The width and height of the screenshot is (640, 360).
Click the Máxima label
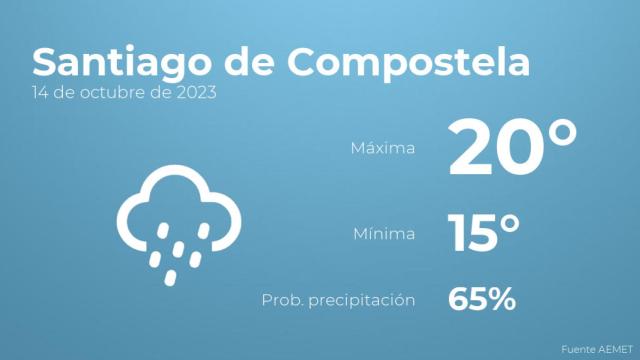coord(383,148)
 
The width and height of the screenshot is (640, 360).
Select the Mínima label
coord(385,235)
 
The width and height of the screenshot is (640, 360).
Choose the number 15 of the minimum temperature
coord(472,235)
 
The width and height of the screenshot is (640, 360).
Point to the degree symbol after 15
coord(510,223)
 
